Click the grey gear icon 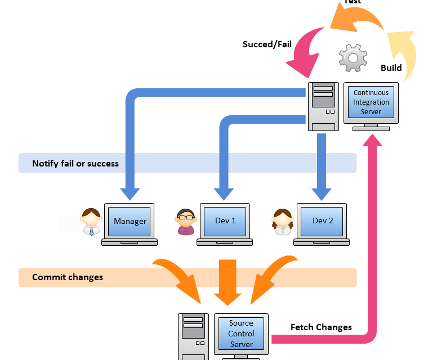[x=353, y=58]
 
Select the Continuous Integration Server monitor [x=371, y=102]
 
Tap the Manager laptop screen [x=130, y=221]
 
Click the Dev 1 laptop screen [x=225, y=220]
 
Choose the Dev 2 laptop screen [x=323, y=220]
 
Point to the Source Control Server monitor [x=241, y=334]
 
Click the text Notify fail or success [x=75, y=164]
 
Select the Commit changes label [x=68, y=277]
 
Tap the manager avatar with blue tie [x=91, y=222]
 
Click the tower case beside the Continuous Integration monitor [x=323, y=106]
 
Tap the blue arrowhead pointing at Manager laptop [x=130, y=193]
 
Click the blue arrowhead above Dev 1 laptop [x=225, y=193]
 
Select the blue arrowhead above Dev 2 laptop [x=322, y=193]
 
